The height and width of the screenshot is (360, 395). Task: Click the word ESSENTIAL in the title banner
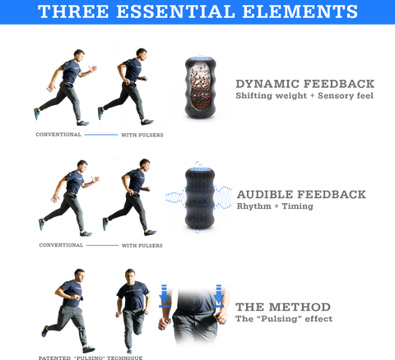[x=175, y=12]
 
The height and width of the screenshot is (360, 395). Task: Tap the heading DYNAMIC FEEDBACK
[x=305, y=84]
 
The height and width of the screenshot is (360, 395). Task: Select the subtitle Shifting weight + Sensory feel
[x=304, y=96]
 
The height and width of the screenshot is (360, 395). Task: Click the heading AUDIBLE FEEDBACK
[x=301, y=195]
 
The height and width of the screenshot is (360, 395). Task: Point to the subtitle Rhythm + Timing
[x=275, y=206]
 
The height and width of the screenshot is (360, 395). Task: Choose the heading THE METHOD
[x=283, y=307]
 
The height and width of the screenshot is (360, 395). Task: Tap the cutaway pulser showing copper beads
[x=200, y=88]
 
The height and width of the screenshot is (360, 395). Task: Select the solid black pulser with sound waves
[x=200, y=199]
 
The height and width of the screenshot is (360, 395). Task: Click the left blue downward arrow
[x=164, y=296]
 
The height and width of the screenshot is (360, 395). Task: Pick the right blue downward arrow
[x=219, y=296]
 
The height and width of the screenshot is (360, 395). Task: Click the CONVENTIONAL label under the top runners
[x=58, y=135]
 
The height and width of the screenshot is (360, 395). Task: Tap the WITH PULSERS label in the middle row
[x=142, y=246]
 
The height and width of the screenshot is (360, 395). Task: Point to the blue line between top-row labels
[x=101, y=135]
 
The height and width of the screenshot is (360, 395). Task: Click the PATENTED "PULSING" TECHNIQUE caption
[x=91, y=358]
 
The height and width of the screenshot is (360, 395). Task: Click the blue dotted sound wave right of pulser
[x=223, y=197]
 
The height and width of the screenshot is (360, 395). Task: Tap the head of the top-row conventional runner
[x=79, y=55]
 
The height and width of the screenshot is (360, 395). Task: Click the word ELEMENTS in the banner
[x=300, y=12]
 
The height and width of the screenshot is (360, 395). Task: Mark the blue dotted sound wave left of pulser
[x=175, y=197]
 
